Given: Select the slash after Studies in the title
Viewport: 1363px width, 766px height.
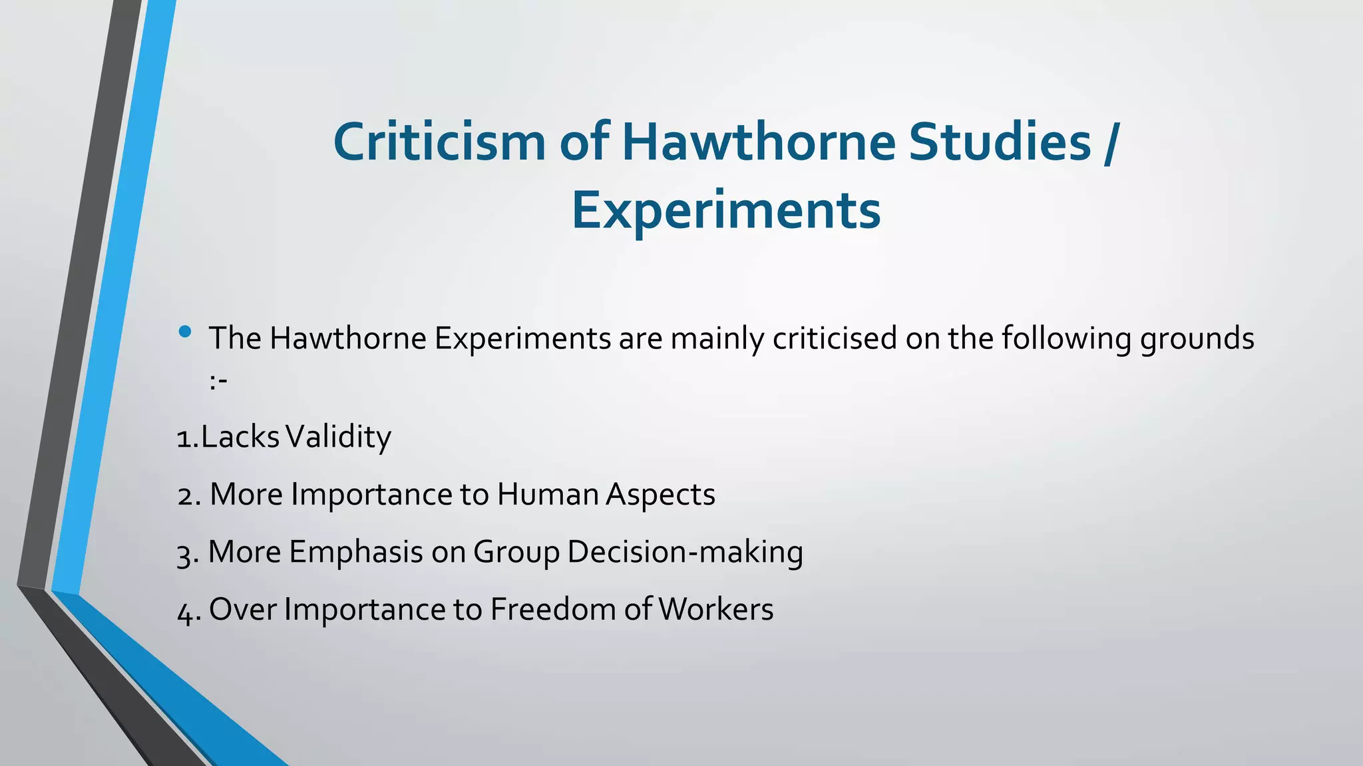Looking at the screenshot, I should point(1109,143).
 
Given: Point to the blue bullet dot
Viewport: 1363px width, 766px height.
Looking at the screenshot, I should point(185,331).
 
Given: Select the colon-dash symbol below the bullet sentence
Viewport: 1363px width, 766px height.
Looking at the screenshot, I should point(218,382).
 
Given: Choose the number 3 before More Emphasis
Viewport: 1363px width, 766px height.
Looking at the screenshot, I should point(184,554).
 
